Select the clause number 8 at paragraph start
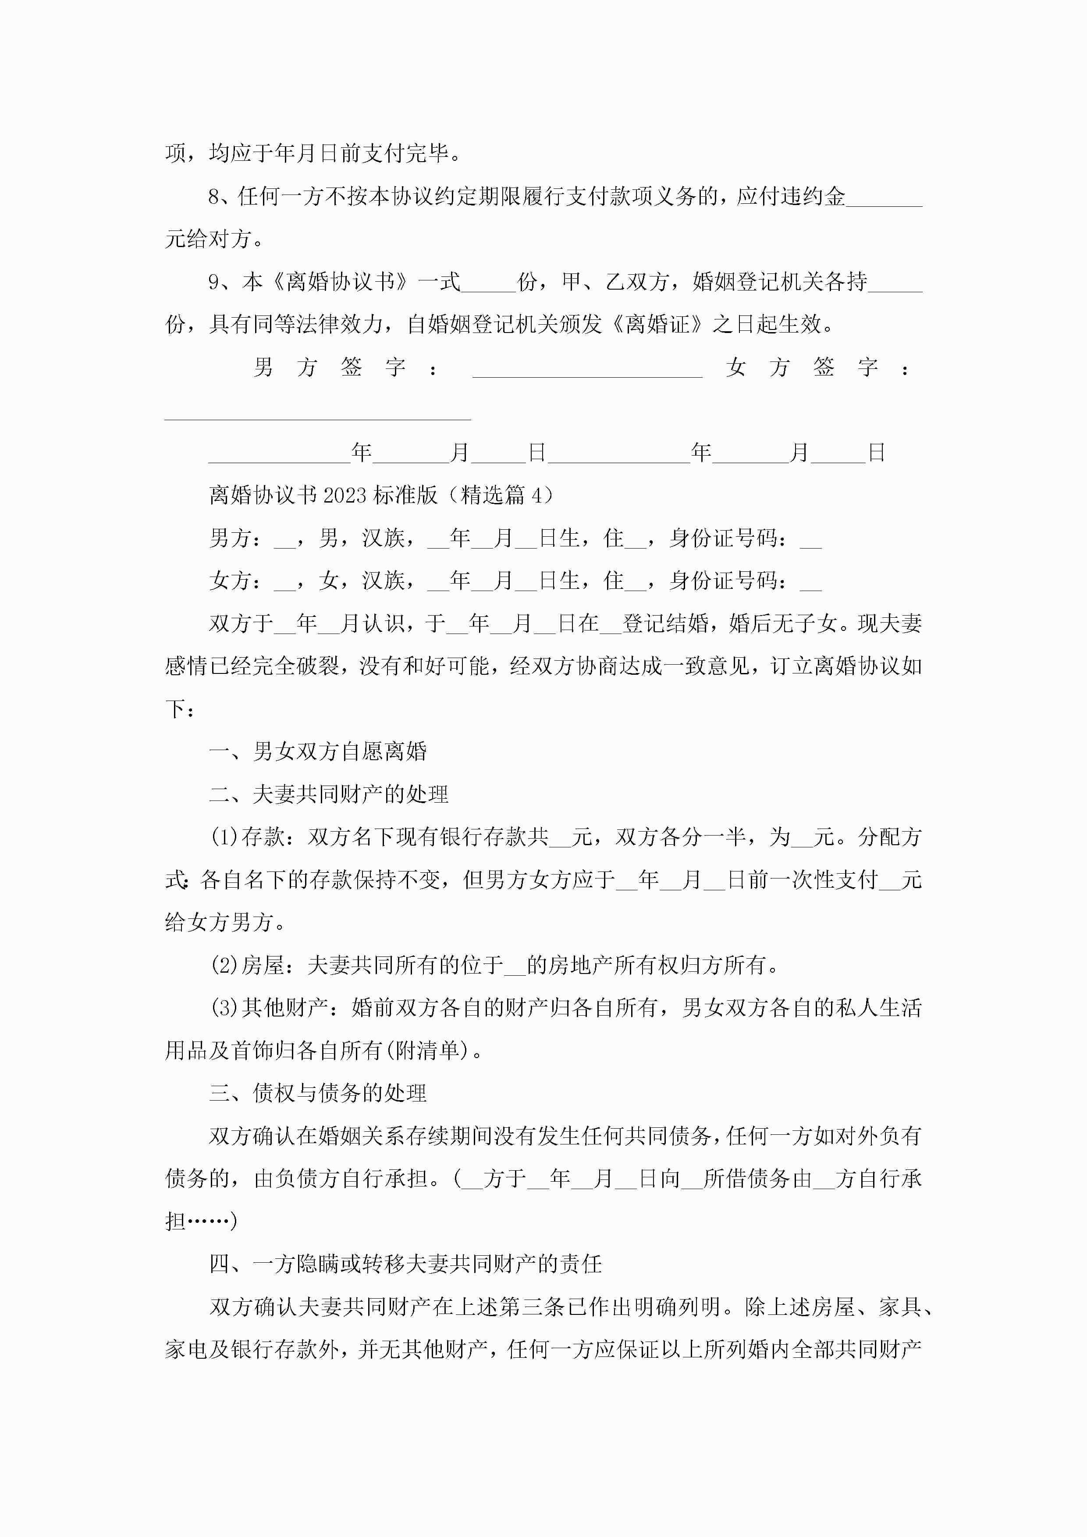tap(214, 197)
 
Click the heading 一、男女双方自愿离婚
tap(318, 752)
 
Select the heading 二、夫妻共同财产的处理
tap(329, 795)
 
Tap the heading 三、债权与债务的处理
tap(318, 1093)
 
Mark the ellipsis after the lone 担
tap(208, 1222)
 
